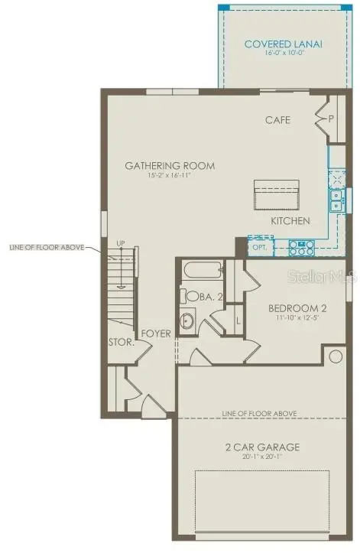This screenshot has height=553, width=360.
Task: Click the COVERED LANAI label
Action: [283, 44]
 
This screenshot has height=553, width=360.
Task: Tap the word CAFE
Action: [277, 120]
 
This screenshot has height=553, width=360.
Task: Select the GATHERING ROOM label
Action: [170, 165]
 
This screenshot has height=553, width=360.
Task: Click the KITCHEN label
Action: [290, 221]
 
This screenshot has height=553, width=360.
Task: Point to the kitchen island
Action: [276, 194]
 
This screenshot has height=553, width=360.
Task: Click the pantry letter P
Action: [332, 119]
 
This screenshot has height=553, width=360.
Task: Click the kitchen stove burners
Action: [302, 247]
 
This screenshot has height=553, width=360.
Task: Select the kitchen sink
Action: [336, 200]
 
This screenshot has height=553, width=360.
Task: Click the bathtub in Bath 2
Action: [202, 272]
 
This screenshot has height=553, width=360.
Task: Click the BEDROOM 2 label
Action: [297, 309]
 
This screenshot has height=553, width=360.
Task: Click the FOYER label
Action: [155, 333]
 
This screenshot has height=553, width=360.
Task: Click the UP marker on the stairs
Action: [119, 243]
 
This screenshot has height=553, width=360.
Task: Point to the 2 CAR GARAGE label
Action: [261, 447]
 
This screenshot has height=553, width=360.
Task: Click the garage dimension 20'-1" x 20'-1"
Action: [261, 457]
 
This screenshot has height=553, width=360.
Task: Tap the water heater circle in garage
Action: [334, 356]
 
